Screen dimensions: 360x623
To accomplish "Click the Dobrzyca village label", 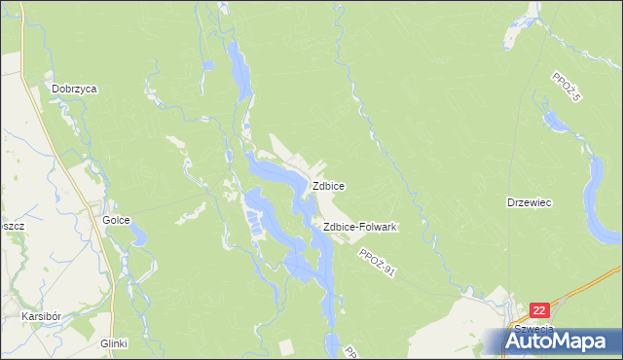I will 75,89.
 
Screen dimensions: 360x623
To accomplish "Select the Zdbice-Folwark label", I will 357,227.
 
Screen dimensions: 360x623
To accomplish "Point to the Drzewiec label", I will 530,202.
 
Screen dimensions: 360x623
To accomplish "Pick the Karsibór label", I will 44,317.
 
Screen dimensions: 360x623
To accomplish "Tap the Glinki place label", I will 114,343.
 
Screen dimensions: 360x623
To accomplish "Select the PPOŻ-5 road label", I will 566,89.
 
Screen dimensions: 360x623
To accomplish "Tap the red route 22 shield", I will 541,310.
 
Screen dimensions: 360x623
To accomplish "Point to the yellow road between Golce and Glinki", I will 113,282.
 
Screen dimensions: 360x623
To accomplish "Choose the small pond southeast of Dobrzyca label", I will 207,67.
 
